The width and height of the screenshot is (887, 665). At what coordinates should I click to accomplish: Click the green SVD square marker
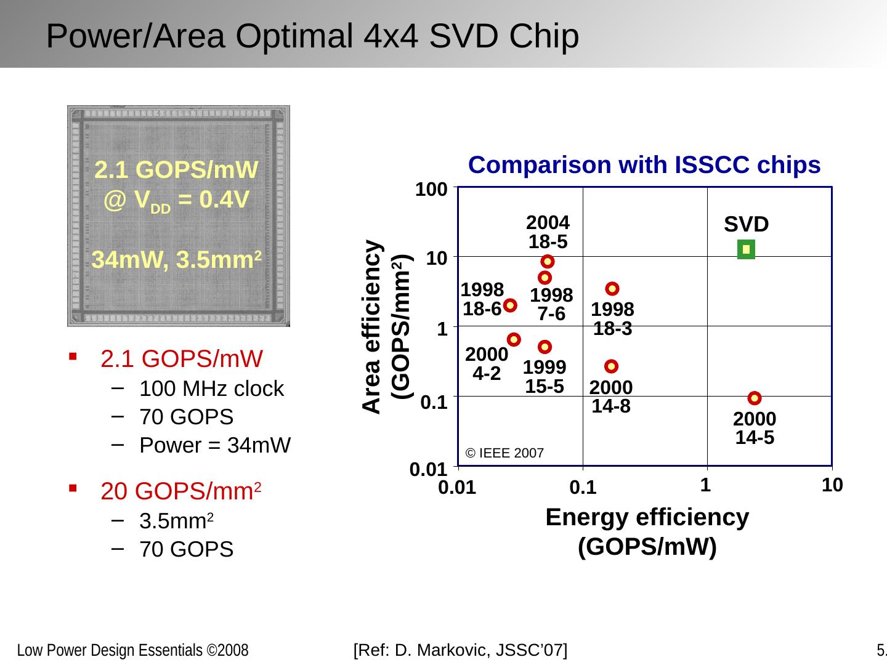746,249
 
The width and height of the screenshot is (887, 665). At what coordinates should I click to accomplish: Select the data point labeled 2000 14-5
755,398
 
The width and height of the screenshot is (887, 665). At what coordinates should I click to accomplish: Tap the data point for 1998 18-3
612,288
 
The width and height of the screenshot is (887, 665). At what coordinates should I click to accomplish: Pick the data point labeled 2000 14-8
611,366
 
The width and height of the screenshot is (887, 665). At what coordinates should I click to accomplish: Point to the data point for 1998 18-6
510,305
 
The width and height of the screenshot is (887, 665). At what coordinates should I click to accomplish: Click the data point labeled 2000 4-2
514,339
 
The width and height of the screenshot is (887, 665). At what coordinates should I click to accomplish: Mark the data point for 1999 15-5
545,347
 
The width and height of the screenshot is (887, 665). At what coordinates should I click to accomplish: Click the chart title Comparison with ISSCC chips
644,165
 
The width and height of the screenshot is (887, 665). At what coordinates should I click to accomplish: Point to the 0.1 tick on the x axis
583,488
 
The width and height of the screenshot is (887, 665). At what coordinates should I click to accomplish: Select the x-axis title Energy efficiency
647,517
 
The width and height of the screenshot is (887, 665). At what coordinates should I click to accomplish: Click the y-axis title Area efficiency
371,327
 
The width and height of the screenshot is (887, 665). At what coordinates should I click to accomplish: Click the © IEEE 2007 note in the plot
504,454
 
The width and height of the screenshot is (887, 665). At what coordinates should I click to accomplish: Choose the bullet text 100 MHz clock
211,389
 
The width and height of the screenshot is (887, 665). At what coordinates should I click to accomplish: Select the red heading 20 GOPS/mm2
182,491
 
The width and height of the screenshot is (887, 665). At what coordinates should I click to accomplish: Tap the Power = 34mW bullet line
215,445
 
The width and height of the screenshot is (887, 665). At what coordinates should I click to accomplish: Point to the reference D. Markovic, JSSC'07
461,650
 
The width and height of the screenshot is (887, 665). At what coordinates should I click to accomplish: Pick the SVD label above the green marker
746,224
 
